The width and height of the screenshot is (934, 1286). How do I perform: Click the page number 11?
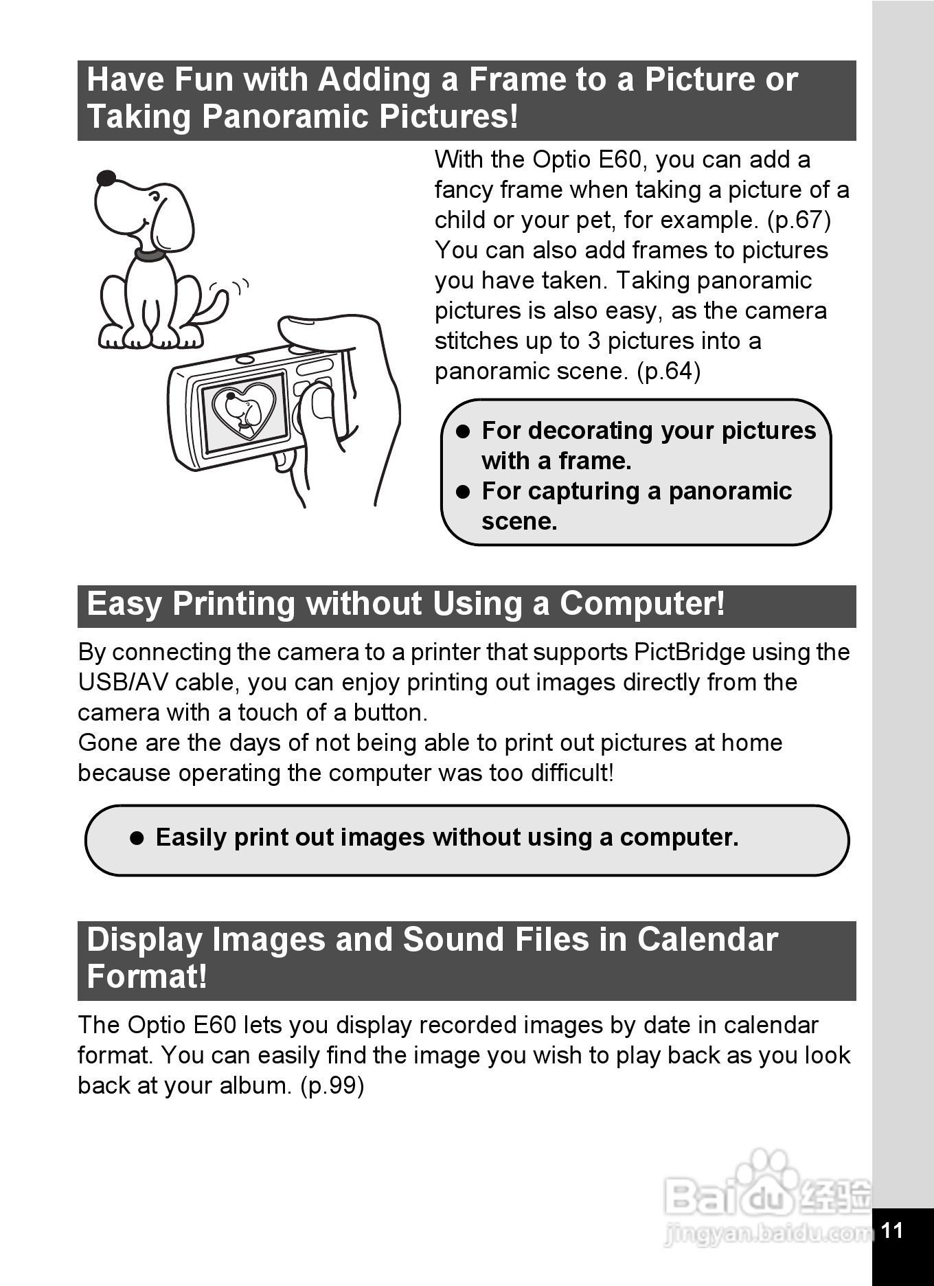[x=891, y=1230]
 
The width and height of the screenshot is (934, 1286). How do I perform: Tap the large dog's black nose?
[x=106, y=179]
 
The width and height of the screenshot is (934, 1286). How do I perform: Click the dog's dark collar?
[x=150, y=255]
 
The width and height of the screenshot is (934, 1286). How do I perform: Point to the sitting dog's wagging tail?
[x=212, y=308]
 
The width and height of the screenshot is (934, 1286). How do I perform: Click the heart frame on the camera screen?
[x=244, y=410]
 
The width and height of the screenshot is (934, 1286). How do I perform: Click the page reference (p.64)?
[x=668, y=371]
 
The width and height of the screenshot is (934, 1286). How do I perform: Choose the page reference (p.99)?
[x=332, y=1085]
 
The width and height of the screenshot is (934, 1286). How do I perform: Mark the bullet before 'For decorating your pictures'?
[x=464, y=431]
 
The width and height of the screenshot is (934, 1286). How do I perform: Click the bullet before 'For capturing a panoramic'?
[x=464, y=492]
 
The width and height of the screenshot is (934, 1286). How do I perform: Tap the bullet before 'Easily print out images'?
[x=137, y=838]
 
